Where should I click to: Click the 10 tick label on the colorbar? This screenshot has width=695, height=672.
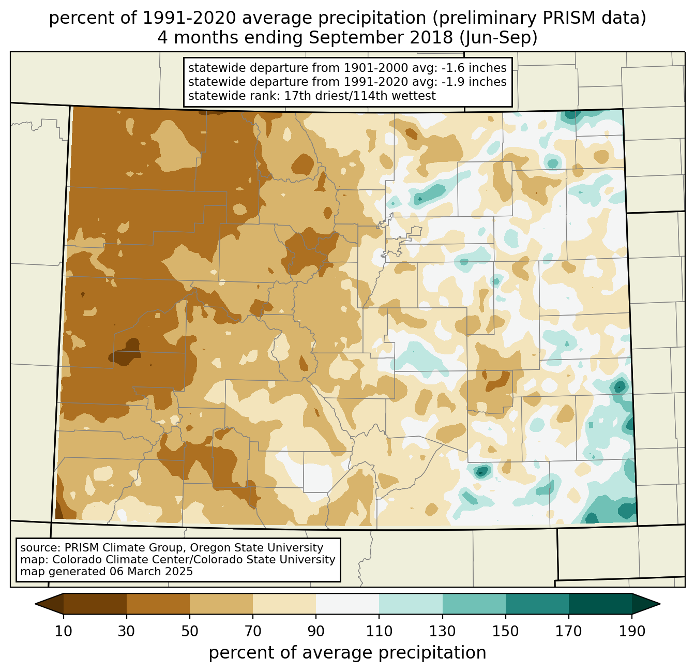click(64, 632)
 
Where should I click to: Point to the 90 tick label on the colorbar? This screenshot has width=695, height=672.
click(316, 632)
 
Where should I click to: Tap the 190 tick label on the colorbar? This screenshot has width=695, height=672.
click(632, 632)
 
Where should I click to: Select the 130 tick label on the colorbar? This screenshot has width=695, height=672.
click(443, 632)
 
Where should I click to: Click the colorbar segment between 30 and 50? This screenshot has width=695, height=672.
click(158, 604)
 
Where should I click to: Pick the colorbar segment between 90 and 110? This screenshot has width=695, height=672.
click(347, 604)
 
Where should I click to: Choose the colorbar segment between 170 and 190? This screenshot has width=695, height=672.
click(600, 604)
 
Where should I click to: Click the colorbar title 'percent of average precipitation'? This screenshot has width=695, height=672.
click(347, 653)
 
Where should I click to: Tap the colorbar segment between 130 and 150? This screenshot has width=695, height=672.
click(474, 604)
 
